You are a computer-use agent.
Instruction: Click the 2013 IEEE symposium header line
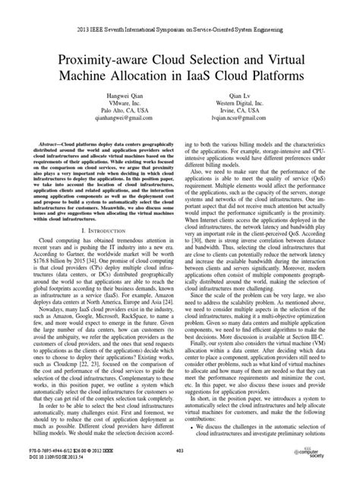180,12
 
